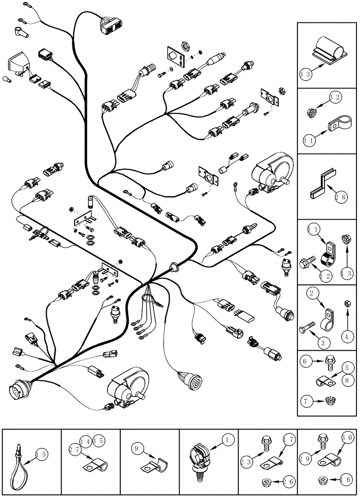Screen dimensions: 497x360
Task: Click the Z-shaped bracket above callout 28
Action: pyautogui.click(x=322, y=180)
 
